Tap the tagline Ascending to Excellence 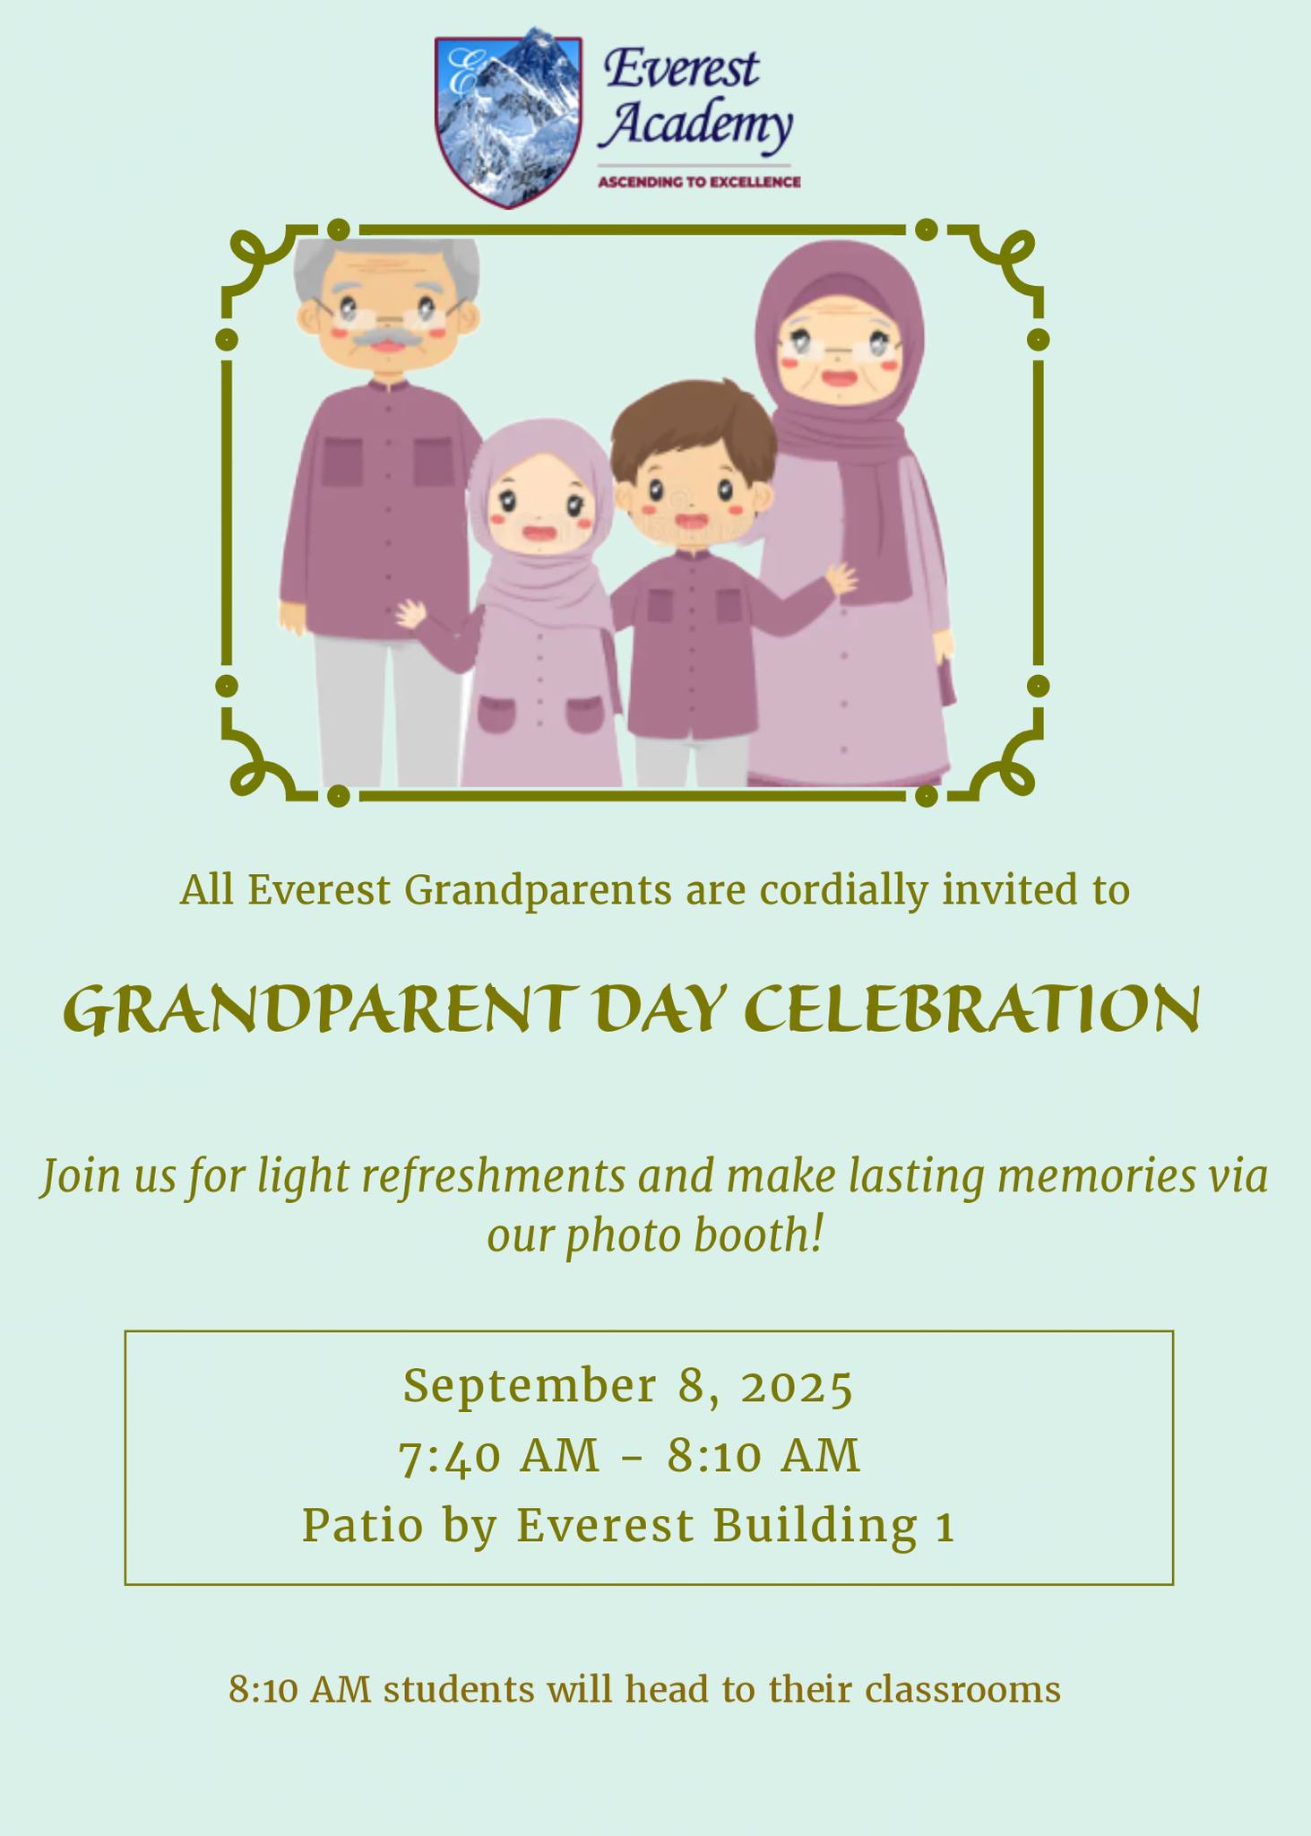click(699, 183)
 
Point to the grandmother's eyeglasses click(840, 346)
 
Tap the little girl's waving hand click(412, 614)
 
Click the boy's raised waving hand click(841, 577)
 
